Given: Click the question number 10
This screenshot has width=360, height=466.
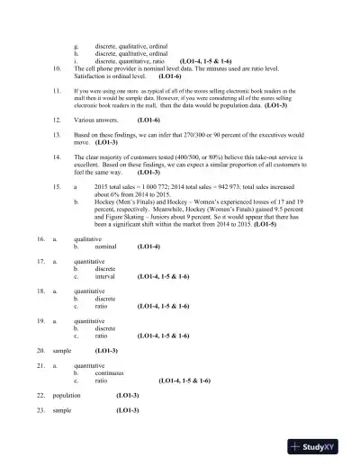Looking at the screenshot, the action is [x=58, y=67].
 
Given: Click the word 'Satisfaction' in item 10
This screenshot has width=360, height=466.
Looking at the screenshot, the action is [x=94, y=75].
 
